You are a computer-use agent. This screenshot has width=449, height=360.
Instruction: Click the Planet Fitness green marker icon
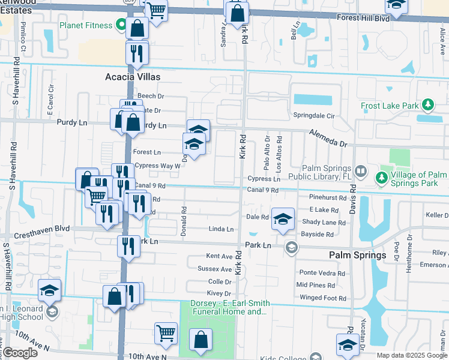coord(121,26)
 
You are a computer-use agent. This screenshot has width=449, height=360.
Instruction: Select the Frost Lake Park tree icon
coord(427,106)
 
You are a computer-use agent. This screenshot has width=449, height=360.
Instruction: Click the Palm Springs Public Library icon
coord(361,171)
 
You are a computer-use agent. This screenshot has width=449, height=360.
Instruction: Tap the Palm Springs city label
coord(357,255)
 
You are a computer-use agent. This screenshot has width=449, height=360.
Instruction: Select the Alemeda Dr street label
coord(328,138)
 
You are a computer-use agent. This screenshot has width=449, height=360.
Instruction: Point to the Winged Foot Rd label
coord(323,298)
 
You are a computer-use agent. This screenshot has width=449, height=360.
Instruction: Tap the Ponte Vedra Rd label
coord(322,273)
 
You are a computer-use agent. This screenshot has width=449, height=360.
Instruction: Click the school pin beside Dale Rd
coord(282,219)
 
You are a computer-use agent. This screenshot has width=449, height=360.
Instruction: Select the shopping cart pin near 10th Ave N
coord(166,333)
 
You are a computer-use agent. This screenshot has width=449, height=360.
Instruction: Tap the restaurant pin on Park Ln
coord(128,245)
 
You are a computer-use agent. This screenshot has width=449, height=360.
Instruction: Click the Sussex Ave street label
coord(214,269)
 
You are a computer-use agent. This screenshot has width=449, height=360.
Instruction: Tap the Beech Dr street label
coord(151,96)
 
